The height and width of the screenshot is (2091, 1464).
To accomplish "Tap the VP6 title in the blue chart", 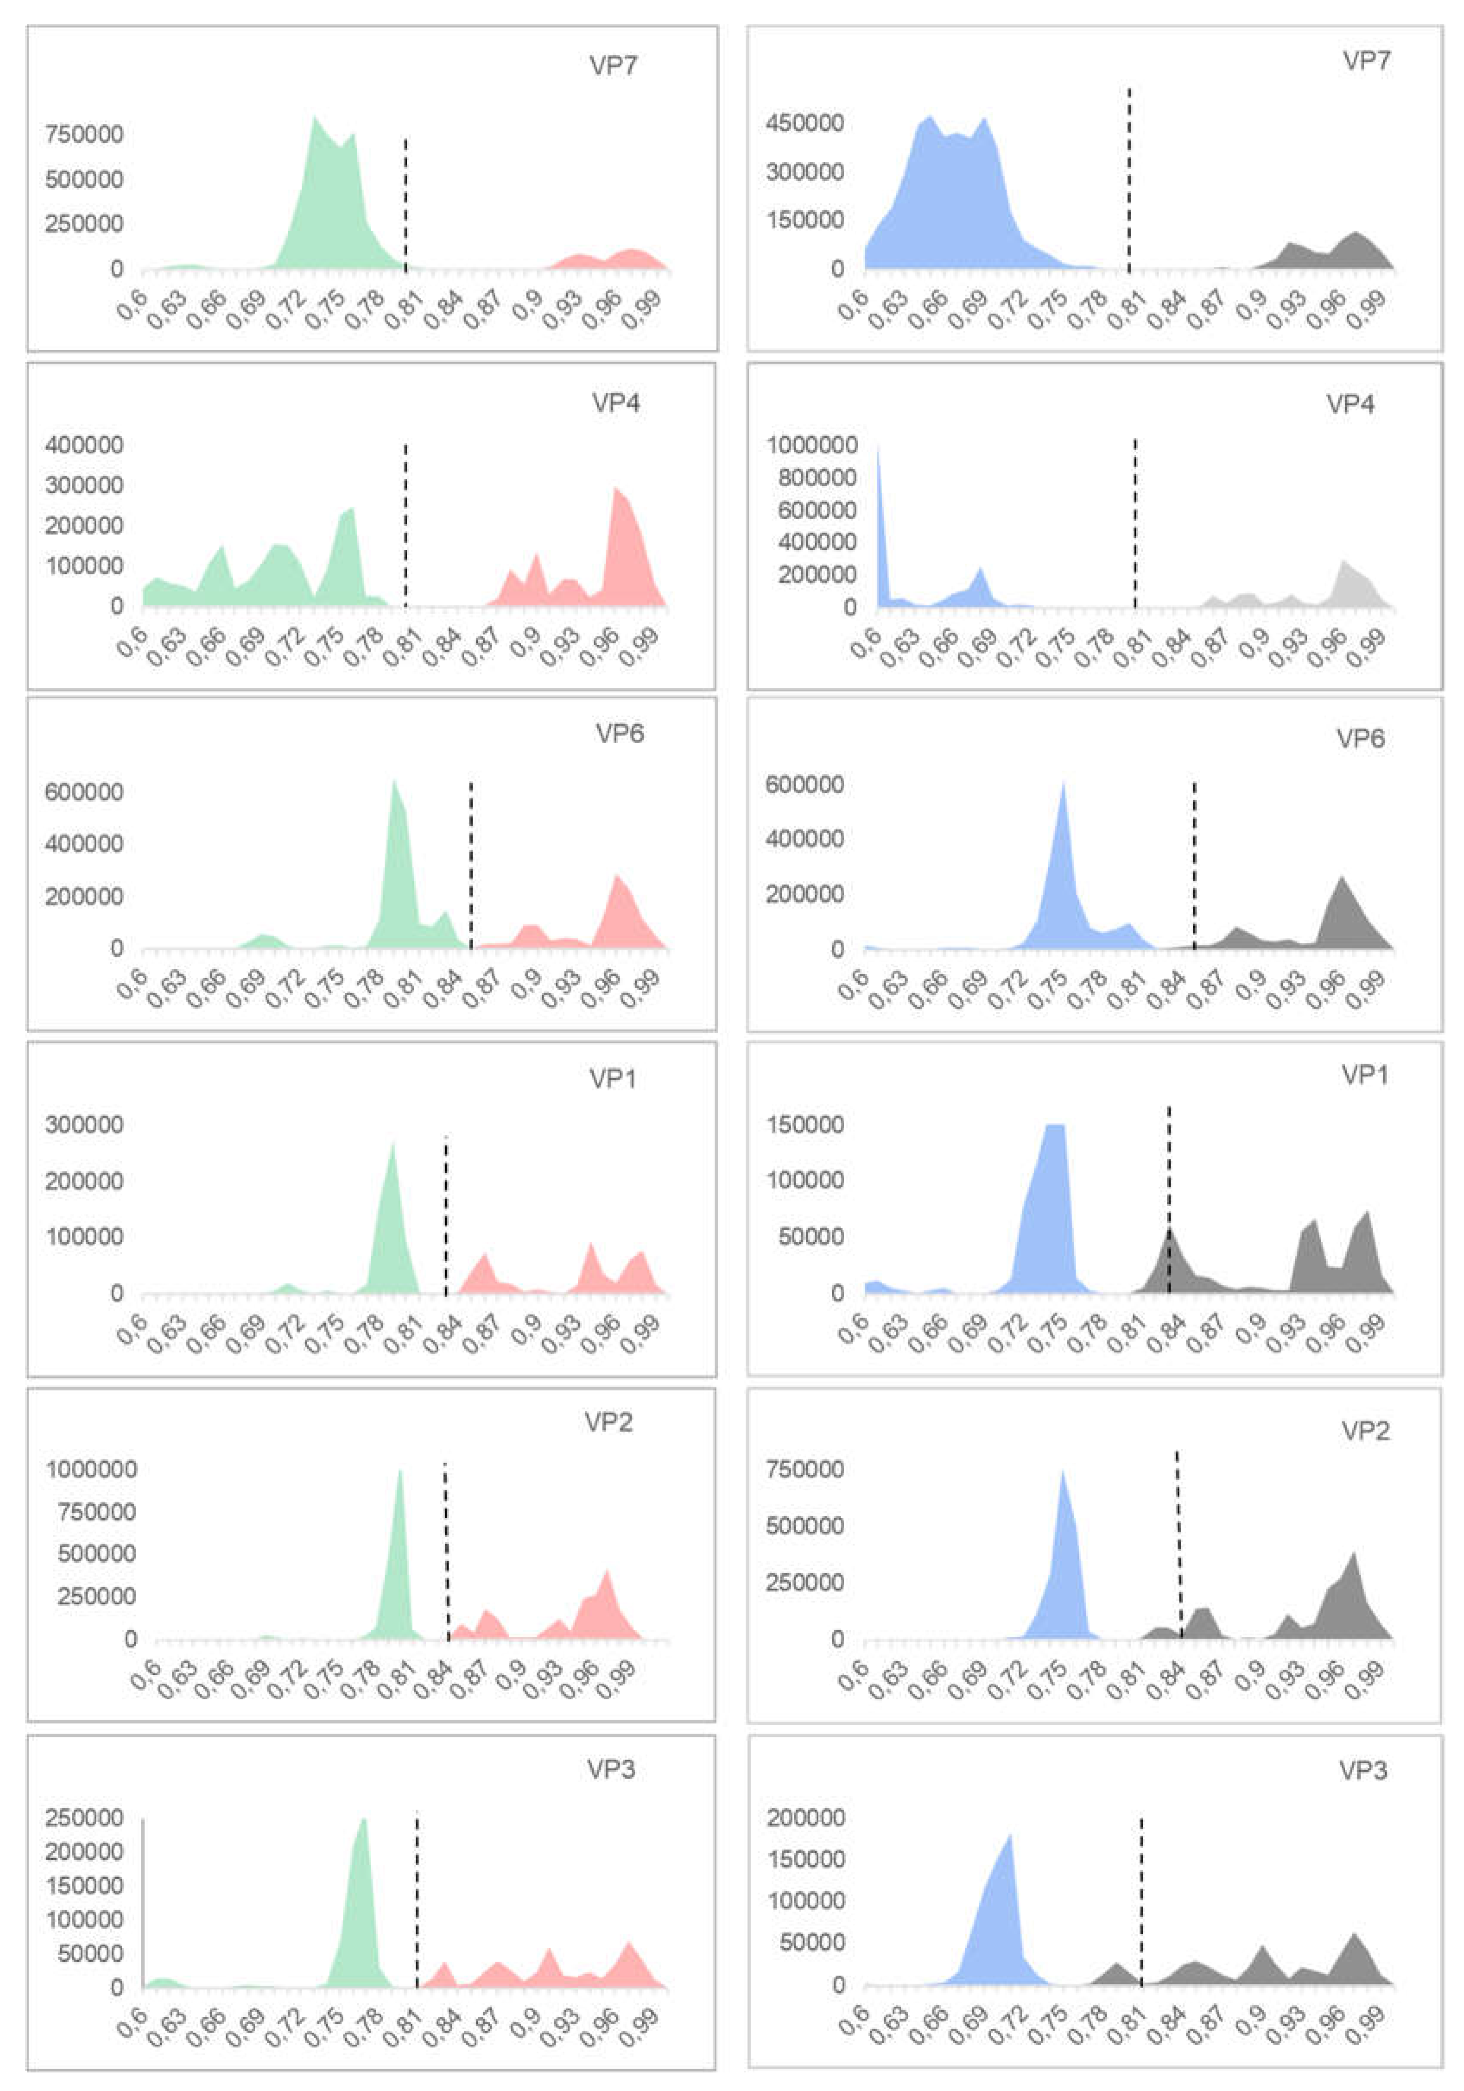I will click(x=1360, y=738).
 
